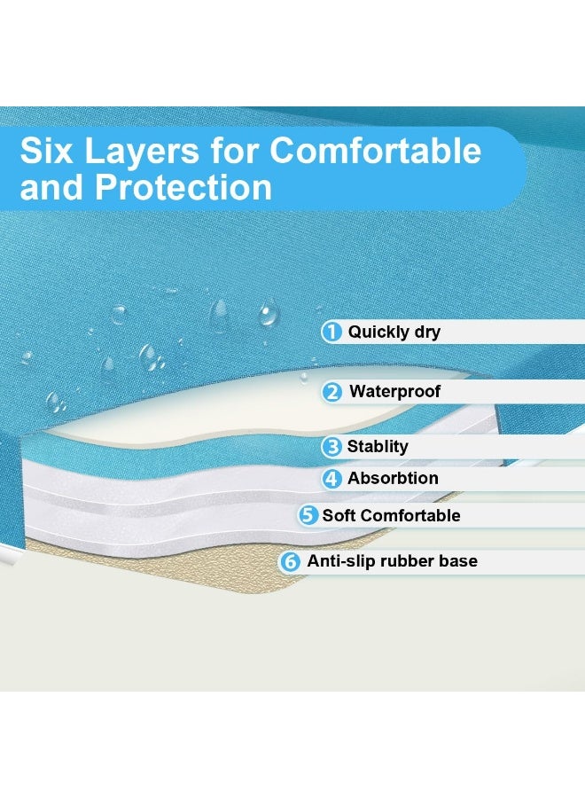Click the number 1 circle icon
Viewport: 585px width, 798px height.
coord(331,332)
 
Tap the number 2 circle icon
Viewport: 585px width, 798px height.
coord(332,391)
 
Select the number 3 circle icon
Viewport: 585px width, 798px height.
coord(331,447)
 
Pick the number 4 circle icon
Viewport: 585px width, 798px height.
coord(331,479)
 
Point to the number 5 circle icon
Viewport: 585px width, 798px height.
coord(308,515)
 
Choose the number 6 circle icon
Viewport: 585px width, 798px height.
coord(290,561)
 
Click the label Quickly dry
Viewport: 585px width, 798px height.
coord(394,332)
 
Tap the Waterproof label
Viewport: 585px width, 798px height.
coord(394,391)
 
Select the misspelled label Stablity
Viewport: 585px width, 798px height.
coord(378,447)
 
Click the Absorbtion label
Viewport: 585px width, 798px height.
coord(393,478)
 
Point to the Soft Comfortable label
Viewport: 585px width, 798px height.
coord(391,515)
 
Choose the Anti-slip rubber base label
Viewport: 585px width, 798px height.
coord(392,561)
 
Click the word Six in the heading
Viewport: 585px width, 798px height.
coord(46,151)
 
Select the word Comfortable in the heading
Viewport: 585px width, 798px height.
coord(376,151)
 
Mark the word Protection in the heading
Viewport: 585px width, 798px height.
coord(183,187)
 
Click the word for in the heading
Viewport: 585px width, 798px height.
coord(233,151)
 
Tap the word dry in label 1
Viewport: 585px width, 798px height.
coord(427,332)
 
